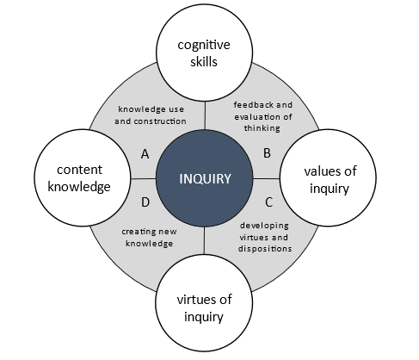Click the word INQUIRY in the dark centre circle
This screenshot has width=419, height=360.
point(205,179)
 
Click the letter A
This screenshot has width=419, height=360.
point(145,154)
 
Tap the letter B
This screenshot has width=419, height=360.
point(267,153)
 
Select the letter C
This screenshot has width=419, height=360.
point(268,202)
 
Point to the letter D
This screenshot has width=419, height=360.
point(145,202)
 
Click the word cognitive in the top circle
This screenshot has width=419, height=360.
point(204,46)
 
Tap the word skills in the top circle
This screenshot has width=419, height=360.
point(204,61)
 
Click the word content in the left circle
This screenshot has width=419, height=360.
point(79,170)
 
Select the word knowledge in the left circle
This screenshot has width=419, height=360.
point(79,187)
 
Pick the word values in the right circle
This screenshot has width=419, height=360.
point(322,171)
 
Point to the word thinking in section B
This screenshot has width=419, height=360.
point(262,128)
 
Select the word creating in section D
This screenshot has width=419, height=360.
point(138,232)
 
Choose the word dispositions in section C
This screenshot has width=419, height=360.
point(265,249)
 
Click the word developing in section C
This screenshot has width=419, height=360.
point(264,226)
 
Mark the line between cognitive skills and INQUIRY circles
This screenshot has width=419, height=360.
point(205,115)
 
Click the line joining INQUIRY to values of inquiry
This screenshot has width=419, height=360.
point(267,178)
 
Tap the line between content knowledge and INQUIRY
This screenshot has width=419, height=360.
point(143,178)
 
